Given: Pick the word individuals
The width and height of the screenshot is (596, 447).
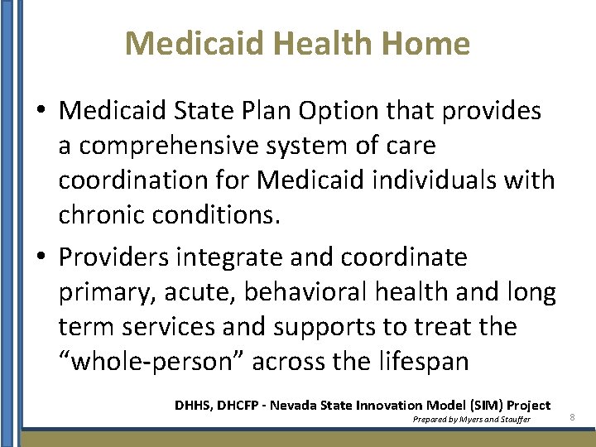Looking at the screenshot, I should click(424, 180).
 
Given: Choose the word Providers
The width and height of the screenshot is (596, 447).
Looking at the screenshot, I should click(113, 257).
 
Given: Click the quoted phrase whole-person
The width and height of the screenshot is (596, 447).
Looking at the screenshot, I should click(151, 362).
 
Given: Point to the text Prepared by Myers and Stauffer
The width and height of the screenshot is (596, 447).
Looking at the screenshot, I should click(471, 420).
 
